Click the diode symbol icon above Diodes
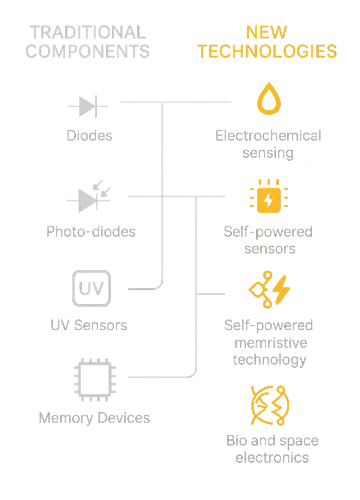pos(88,106)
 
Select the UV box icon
pos(91,289)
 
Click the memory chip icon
pos(95,380)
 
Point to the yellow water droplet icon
pos(269,100)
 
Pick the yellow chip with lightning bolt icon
pos(269,196)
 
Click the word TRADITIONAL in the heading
pos(88,33)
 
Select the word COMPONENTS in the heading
pos(88,51)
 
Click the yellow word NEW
pos(266,33)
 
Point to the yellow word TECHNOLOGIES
pos(267,51)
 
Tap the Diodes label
pos(90,135)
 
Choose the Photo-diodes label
pos(91,232)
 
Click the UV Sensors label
pos(90,325)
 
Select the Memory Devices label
pos(94,418)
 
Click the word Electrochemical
pos(269,136)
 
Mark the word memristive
pos(271,343)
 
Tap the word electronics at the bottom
pos(272,457)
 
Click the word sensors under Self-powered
pos(270,249)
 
